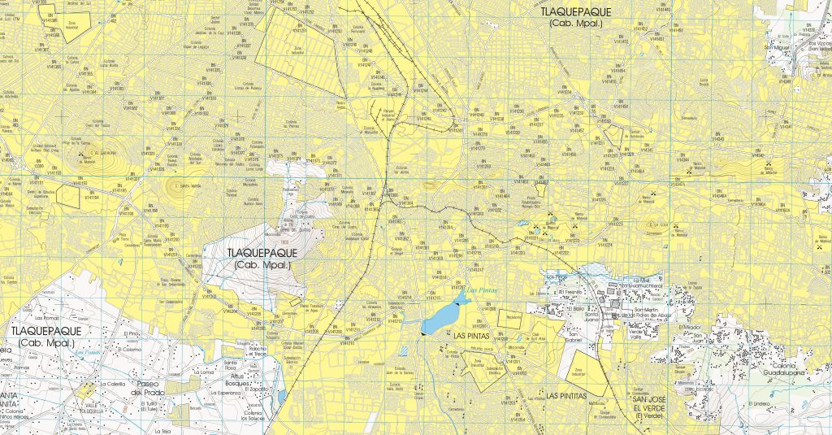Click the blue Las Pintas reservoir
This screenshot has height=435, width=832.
click(x=440, y=318)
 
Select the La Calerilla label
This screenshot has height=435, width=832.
click(x=115, y=383)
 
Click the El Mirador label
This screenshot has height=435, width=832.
click(x=689, y=327)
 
